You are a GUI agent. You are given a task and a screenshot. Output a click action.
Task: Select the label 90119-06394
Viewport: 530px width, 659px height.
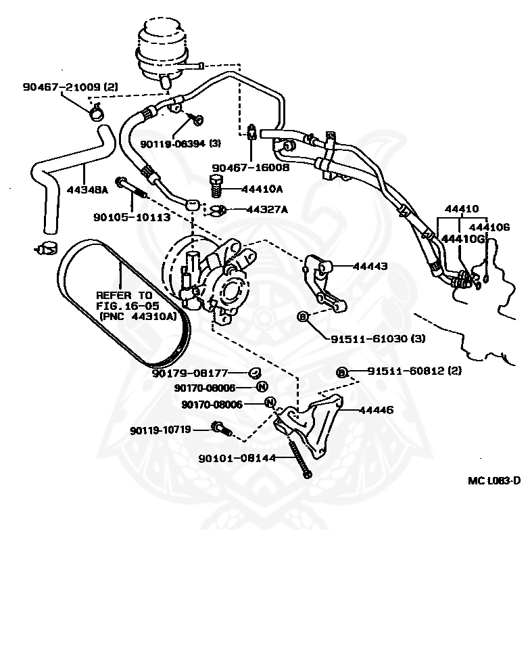(180, 143)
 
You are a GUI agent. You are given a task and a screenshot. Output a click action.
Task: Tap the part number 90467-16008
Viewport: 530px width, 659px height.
(250, 167)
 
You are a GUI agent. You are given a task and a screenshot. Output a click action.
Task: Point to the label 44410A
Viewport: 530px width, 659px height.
(262, 189)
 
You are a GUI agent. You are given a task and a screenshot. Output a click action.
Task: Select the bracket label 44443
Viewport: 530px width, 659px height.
(369, 266)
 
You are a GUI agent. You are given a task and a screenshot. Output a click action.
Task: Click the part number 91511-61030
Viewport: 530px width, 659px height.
(378, 338)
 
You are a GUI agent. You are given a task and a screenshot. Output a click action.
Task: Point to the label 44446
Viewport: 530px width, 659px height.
(375, 410)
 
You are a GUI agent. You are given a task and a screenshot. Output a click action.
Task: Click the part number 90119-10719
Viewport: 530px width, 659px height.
(160, 429)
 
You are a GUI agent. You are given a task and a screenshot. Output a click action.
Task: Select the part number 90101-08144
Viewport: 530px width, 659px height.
(237, 458)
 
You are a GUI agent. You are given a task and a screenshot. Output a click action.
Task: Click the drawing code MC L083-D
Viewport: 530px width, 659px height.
(494, 480)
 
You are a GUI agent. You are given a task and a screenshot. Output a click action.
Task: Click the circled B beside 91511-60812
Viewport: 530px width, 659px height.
(342, 371)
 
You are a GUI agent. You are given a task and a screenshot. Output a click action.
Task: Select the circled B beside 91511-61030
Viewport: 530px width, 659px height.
(302, 316)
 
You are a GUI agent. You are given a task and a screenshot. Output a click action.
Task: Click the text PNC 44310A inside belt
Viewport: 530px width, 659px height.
(137, 316)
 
